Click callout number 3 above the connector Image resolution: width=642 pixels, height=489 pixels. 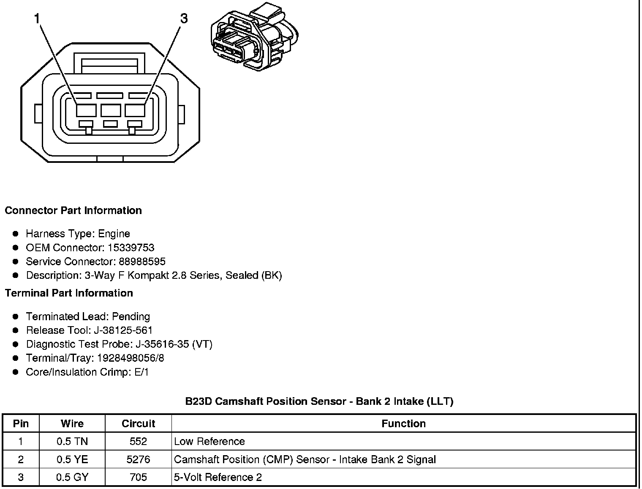pos(184,19)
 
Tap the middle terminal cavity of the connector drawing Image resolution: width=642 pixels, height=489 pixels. pos(111,110)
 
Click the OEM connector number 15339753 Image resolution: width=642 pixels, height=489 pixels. pos(131,247)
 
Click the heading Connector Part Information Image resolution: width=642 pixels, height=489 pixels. pos(73,211)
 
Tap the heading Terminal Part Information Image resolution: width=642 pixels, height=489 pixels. pos(69,293)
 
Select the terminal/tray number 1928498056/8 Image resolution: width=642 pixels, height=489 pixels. pos(131,358)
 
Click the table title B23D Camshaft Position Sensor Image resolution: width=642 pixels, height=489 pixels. pos(319,401)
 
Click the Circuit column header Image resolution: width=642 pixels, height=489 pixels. pos(138,423)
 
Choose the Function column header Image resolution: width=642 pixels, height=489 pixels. pos(403,423)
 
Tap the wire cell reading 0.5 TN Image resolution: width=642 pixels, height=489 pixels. pos(72,442)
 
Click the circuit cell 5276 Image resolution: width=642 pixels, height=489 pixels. pos(138,459)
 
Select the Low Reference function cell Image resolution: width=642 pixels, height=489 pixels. pos(209,442)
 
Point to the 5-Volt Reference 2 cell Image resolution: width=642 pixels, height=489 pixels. pos(218,478)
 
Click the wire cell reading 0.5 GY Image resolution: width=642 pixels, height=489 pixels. pos(72,478)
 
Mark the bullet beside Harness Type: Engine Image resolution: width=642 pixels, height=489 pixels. pos(16,234)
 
